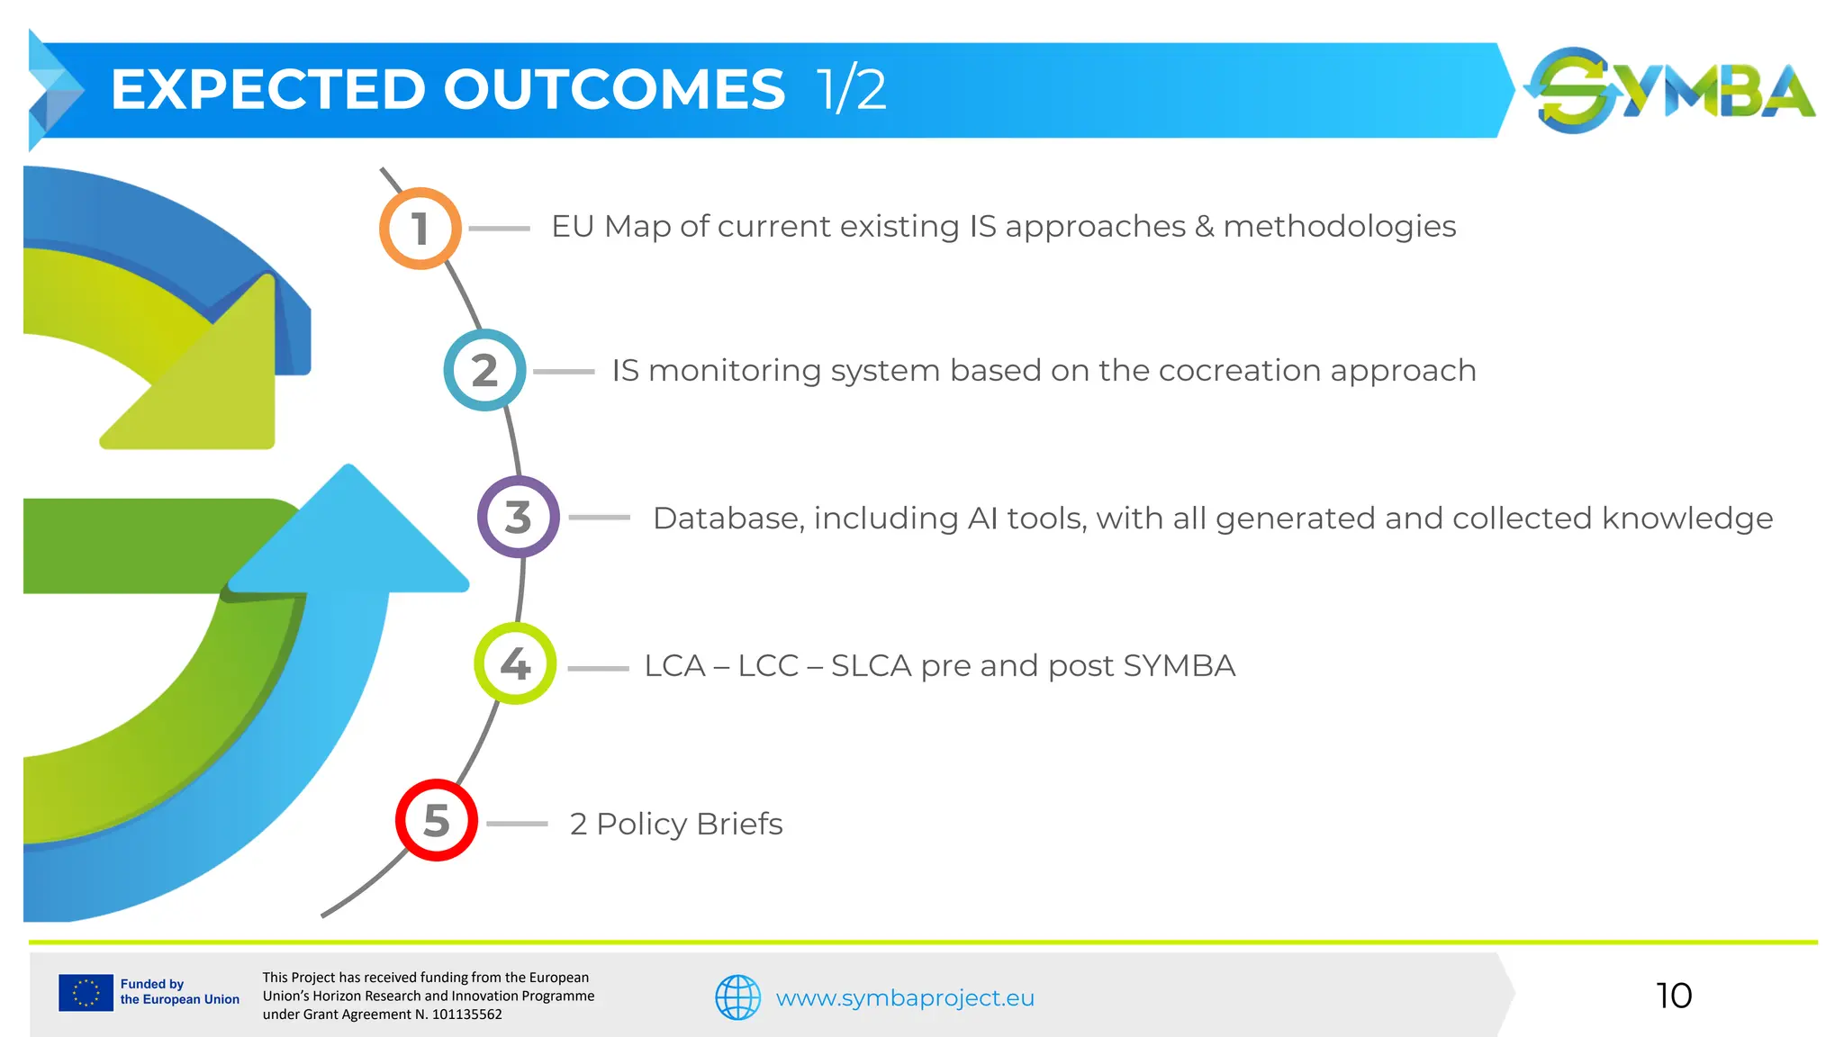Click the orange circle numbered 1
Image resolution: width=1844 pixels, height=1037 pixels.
420,229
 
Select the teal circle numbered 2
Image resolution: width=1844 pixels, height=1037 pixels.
484,370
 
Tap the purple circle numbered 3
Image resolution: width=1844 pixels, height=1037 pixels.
518,517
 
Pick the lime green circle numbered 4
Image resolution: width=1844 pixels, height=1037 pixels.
515,663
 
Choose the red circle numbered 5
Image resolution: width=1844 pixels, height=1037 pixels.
437,820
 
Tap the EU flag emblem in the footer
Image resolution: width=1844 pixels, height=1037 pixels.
86,993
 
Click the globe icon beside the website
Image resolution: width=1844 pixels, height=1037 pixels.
737,997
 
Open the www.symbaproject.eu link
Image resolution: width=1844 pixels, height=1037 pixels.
905,998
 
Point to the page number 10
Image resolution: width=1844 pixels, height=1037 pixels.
1673,996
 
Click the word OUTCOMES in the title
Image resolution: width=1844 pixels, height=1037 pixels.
614,90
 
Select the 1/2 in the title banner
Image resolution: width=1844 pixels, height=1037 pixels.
851,90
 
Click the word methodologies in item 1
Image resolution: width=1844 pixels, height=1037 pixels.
1339,227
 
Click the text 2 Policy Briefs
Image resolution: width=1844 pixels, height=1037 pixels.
675,824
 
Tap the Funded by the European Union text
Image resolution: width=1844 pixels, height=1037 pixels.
179,992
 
